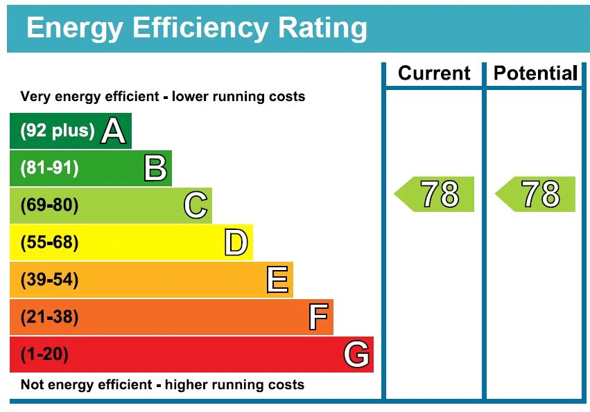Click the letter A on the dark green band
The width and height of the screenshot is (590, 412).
click(x=114, y=131)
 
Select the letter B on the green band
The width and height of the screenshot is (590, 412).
click(x=155, y=168)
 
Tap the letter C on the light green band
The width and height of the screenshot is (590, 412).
click(x=196, y=206)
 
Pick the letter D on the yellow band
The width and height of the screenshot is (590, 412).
click(x=236, y=243)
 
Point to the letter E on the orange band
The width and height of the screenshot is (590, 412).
click(x=277, y=280)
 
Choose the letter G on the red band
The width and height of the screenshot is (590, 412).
click(x=356, y=355)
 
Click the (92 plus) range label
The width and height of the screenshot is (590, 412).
click(x=58, y=131)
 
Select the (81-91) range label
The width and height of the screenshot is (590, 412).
click(x=50, y=168)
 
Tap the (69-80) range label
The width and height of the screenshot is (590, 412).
click(x=50, y=206)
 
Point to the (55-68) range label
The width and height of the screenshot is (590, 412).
click(x=50, y=243)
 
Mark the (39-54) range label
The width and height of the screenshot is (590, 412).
click(x=50, y=280)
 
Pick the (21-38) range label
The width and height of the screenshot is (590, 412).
click(x=50, y=318)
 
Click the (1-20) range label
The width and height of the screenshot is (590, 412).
click(x=45, y=355)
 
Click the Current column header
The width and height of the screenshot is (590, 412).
click(x=434, y=73)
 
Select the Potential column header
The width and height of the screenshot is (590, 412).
click(x=535, y=73)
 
